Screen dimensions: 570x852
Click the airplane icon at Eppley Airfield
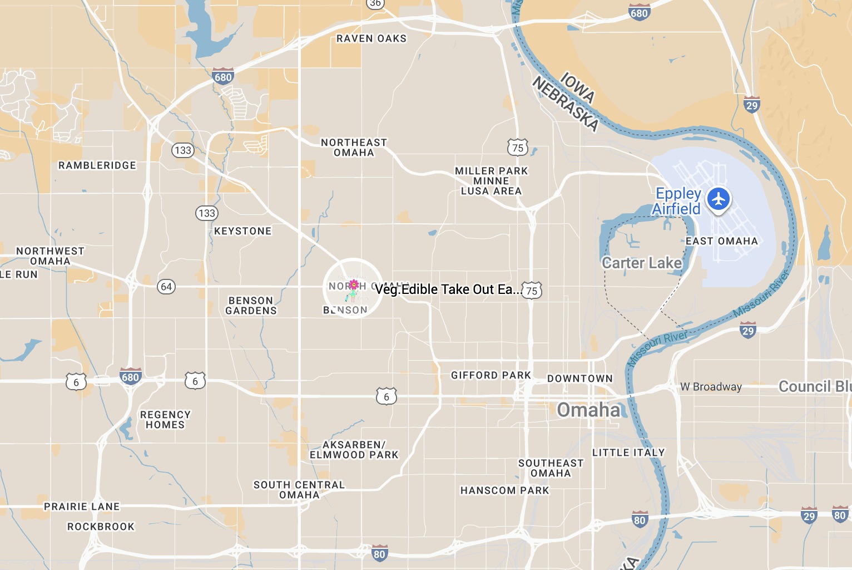pyautogui.click(x=719, y=199)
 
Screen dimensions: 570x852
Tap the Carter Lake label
pyautogui.click(x=642, y=263)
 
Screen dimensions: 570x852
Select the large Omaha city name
pyautogui.click(x=588, y=410)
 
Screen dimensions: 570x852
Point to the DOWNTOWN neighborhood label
pyautogui.click(x=580, y=379)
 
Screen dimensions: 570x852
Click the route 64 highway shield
pyautogui.click(x=166, y=287)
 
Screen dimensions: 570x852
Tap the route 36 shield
pyautogui.click(x=375, y=3)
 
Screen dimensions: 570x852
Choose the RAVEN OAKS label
pyautogui.click(x=371, y=38)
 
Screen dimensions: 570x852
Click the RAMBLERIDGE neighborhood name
pyautogui.click(x=97, y=165)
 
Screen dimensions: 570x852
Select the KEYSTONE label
pyautogui.click(x=243, y=231)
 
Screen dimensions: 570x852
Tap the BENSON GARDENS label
pyautogui.click(x=251, y=306)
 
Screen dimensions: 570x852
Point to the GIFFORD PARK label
pyautogui.click(x=491, y=375)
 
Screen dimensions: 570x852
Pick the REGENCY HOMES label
pyautogui.click(x=165, y=420)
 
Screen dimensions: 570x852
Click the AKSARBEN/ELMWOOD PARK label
pyautogui.click(x=354, y=450)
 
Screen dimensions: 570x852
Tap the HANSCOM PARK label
pyautogui.click(x=505, y=490)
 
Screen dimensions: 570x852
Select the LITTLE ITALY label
pyautogui.click(x=628, y=453)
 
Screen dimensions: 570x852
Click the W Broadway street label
pyautogui.click(x=711, y=387)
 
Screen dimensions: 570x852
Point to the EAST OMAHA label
pyautogui.click(x=722, y=241)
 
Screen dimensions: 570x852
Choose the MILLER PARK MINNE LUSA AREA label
pyautogui.click(x=491, y=181)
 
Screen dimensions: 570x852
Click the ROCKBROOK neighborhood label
pyautogui.click(x=101, y=527)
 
